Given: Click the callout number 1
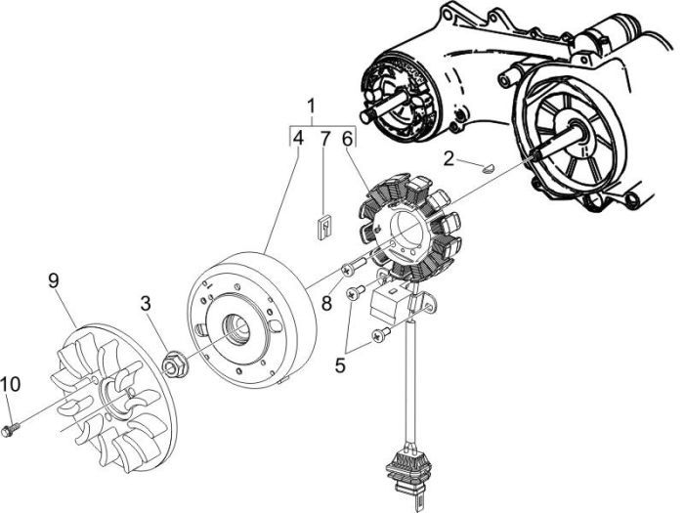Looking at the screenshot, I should (311, 106).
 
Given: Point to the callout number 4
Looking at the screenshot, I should (298, 140).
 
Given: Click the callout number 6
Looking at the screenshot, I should (346, 140).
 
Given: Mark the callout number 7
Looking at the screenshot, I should (323, 140).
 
